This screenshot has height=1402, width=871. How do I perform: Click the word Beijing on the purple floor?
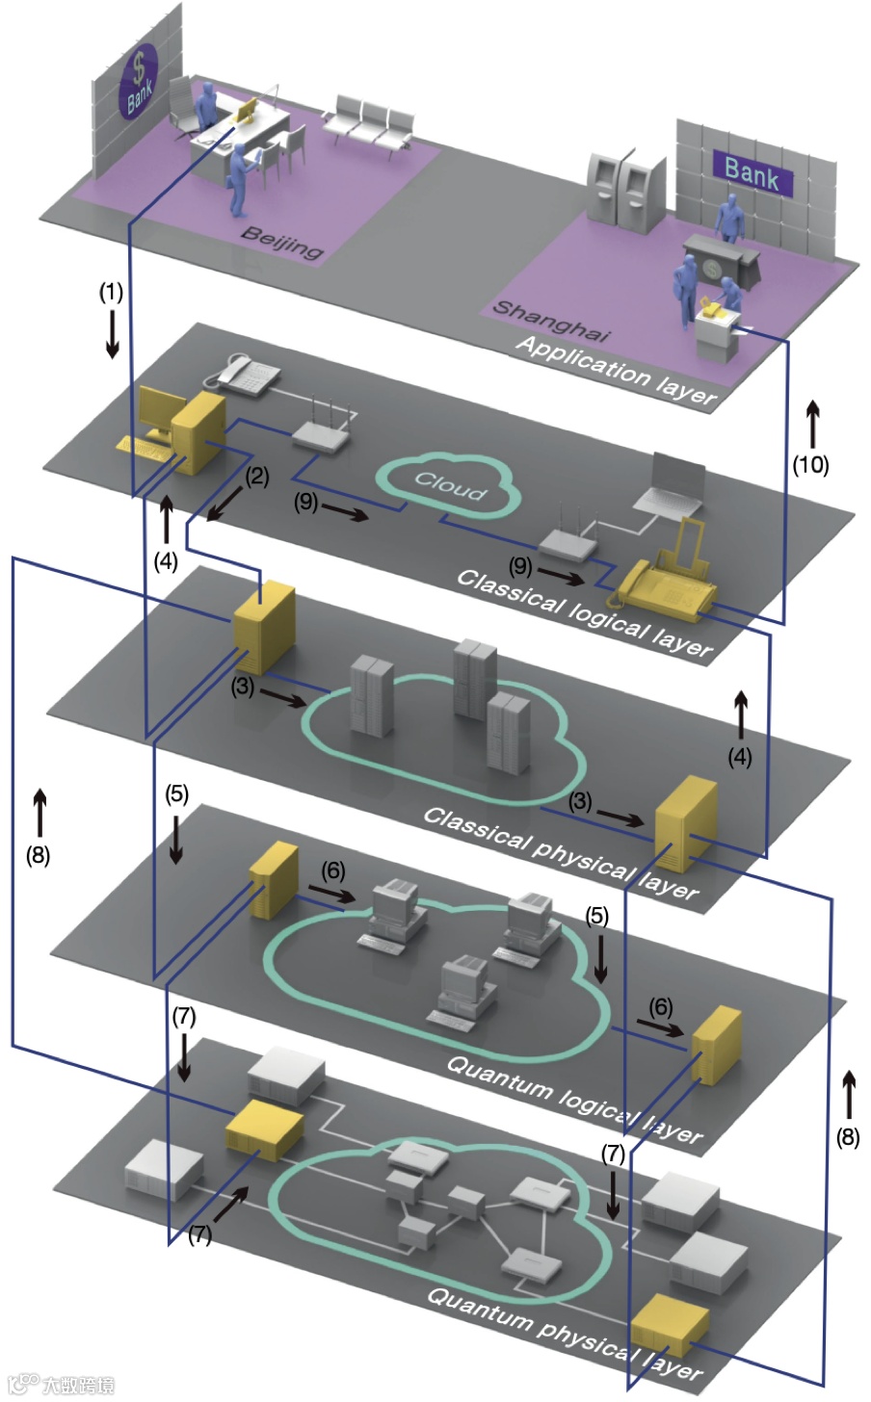tap(281, 243)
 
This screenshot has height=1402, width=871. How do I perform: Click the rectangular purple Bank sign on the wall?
tap(752, 172)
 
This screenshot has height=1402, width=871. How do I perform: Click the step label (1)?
tap(112, 291)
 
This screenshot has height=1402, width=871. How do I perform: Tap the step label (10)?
tap(810, 464)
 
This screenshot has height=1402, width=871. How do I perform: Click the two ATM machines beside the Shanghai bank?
tap(625, 182)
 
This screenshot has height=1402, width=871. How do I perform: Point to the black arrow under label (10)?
tap(812, 424)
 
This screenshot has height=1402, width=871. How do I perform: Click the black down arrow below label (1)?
tap(113, 334)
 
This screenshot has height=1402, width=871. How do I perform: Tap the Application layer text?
tap(617, 370)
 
